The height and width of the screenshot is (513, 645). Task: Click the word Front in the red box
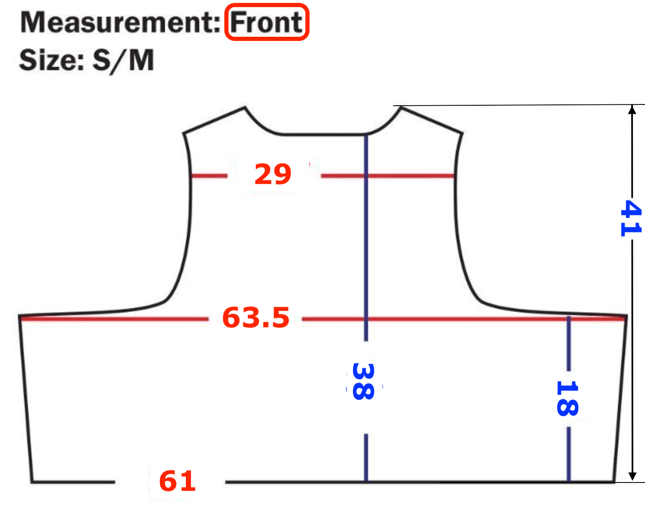[267, 22]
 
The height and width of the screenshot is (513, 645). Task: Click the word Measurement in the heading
[120, 22]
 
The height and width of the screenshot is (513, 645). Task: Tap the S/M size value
[123, 60]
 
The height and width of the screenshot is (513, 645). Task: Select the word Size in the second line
[51, 60]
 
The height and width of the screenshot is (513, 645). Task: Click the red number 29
[273, 174]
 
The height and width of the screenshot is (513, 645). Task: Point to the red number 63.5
[256, 317]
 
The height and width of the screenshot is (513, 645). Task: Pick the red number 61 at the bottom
[178, 481]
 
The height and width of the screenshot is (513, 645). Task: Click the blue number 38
[363, 381]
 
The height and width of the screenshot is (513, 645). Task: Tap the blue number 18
[567, 399]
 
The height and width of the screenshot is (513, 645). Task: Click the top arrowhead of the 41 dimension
[632, 109]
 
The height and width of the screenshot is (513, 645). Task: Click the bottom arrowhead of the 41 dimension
[632, 477]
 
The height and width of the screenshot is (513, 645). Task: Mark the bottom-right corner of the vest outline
[614, 482]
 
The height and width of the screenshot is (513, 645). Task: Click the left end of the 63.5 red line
[21, 319]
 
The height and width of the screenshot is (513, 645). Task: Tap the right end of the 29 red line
[454, 176]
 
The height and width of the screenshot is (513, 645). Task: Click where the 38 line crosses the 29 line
[366, 176]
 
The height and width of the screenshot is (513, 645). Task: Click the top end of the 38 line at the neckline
[366, 135]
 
